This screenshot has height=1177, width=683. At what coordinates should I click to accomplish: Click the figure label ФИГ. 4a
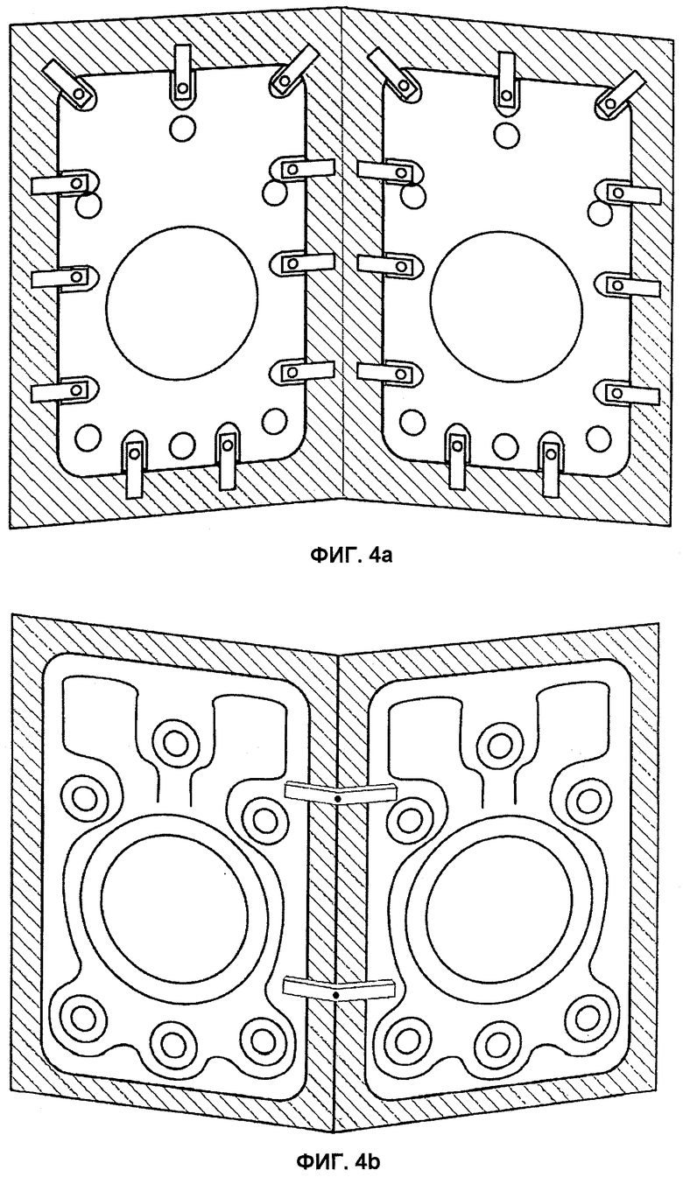click(x=349, y=555)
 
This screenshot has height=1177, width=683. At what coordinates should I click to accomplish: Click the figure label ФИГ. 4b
click(x=339, y=1159)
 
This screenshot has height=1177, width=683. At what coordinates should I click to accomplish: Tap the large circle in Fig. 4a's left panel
click(x=182, y=304)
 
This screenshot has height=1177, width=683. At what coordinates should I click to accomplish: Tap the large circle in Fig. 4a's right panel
click(x=506, y=307)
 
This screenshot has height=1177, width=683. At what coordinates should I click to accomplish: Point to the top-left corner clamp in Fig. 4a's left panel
click(x=69, y=84)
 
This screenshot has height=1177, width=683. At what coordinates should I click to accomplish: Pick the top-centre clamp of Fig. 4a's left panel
click(x=181, y=78)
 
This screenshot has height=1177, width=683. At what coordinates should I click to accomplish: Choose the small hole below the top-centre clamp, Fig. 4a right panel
click(x=506, y=134)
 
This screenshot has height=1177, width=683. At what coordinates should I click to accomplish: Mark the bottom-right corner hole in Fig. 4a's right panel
click(x=599, y=436)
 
